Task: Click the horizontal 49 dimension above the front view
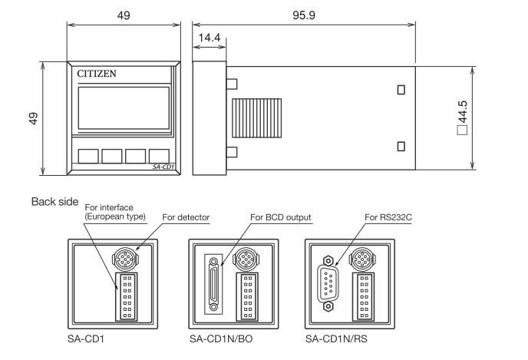[124, 15]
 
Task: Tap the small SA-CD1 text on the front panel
[163, 166]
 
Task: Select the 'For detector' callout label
[186, 218]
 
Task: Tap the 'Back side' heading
[54, 202]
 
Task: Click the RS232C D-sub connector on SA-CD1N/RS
[328, 285]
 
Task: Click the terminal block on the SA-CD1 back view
[127, 295]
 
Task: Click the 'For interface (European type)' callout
[114, 211]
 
